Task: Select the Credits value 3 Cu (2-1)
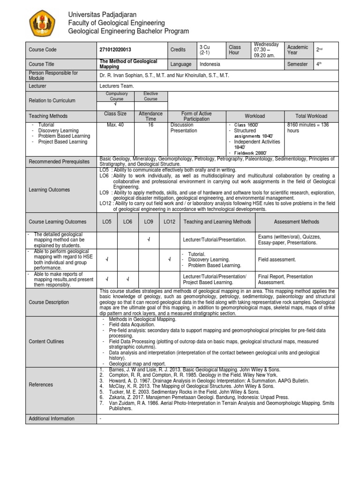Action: point(205,50)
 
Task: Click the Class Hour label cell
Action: point(235,50)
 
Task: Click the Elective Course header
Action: point(150,97)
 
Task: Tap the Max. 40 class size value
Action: point(115,125)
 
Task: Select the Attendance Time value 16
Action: point(150,125)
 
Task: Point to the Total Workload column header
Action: point(311,116)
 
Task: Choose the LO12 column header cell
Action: point(169,222)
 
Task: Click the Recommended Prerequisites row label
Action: point(59,162)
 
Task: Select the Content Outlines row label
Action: point(46,342)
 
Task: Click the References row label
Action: point(41,385)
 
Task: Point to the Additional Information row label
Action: point(52,419)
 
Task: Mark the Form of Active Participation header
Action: point(196,116)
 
